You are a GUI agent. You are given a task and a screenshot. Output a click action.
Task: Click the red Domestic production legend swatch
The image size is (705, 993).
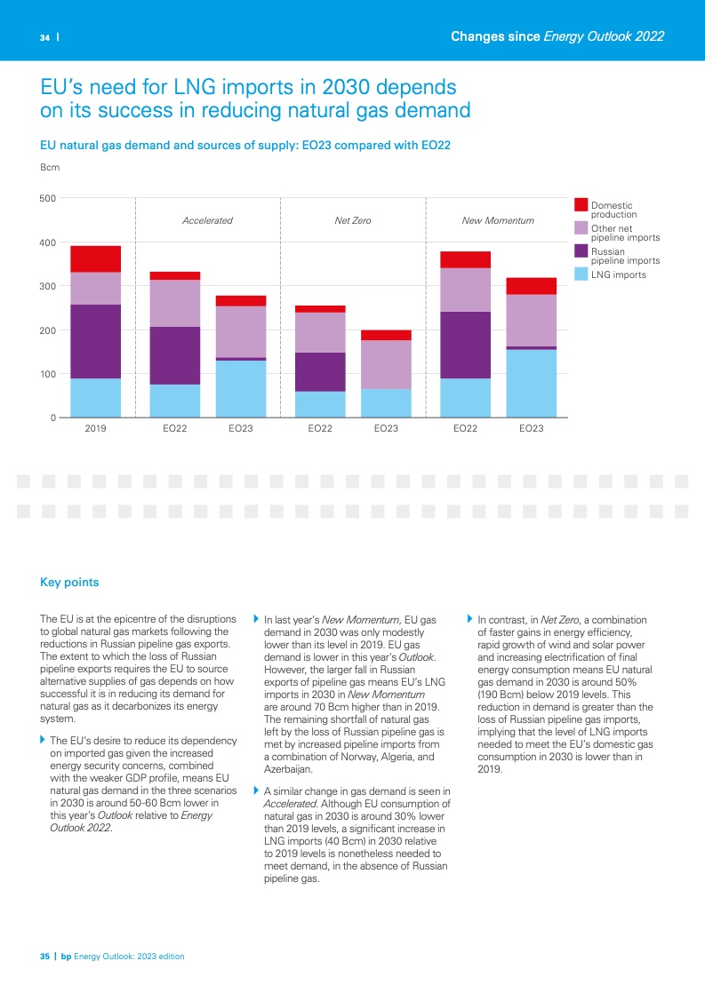[581, 205]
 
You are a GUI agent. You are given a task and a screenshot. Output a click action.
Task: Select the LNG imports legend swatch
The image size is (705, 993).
[581, 274]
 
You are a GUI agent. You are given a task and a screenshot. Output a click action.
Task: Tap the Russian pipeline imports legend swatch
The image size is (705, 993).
[581, 251]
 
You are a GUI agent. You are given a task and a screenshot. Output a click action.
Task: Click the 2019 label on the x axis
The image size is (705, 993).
[95, 429]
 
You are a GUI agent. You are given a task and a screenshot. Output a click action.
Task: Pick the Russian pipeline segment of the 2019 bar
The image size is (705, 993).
[95, 342]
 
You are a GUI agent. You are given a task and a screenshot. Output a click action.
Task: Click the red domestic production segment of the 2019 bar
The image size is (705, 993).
[95, 258]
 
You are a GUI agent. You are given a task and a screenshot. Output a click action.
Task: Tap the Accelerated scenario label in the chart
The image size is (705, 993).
[207, 220]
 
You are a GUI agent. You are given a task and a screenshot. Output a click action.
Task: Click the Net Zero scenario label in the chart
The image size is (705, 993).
[353, 220]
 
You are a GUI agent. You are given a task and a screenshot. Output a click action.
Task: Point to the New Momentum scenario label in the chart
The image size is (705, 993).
[498, 220]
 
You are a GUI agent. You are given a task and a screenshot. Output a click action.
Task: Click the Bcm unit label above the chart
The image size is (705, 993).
[50, 167]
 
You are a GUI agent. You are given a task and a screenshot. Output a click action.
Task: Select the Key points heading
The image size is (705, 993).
[69, 583]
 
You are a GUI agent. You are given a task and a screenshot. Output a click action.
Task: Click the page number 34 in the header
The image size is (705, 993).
[44, 38]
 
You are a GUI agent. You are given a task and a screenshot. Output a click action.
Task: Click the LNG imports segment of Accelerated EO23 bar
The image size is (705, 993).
[241, 389]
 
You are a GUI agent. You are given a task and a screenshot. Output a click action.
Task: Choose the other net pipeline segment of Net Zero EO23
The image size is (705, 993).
[386, 365]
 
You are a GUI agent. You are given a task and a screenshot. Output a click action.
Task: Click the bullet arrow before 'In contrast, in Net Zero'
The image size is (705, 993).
[470, 618]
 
